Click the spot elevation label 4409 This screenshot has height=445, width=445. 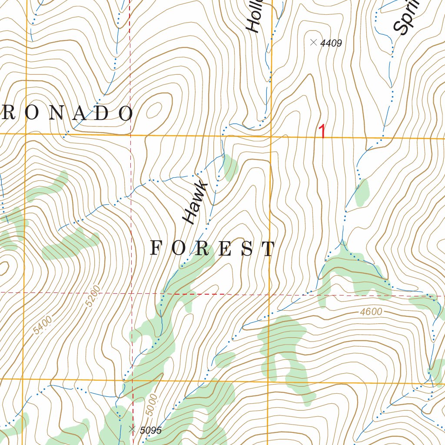click(331, 43)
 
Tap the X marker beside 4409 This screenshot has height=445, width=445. click(313, 42)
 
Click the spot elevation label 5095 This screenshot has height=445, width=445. click(151, 430)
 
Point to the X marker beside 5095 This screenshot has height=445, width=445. click(133, 429)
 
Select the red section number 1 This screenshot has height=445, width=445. click(322, 132)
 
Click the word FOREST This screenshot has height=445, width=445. click(213, 249)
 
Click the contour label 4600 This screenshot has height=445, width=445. click(371, 312)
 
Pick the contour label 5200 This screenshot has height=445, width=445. click(93, 296)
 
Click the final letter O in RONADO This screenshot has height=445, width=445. click(126, 113)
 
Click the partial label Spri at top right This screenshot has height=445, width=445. click(406, 17)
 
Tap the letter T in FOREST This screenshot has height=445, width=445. click(269, 249)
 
